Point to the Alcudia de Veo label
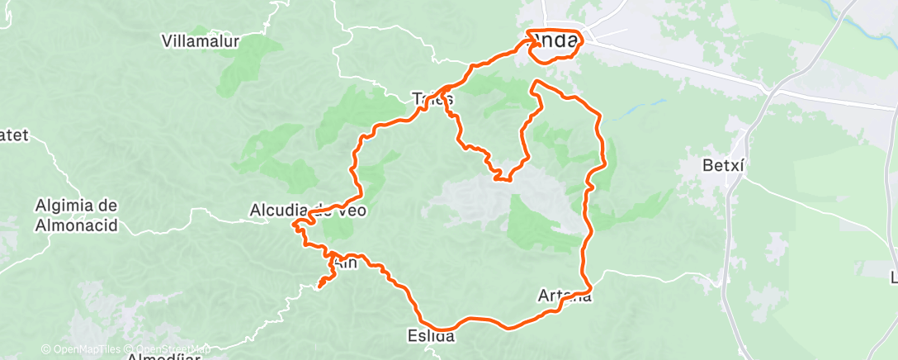[307, 211]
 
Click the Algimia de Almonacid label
[77, 215]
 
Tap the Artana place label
[565, 296]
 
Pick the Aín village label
[346, 262]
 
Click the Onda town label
[553, 40]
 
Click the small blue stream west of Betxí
[652, 105]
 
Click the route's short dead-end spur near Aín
[323, 282]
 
